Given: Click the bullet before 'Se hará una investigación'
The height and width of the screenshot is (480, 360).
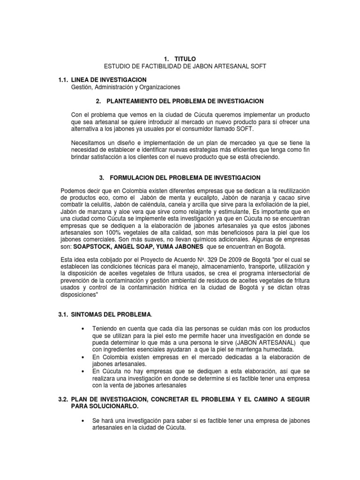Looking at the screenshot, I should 83,420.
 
